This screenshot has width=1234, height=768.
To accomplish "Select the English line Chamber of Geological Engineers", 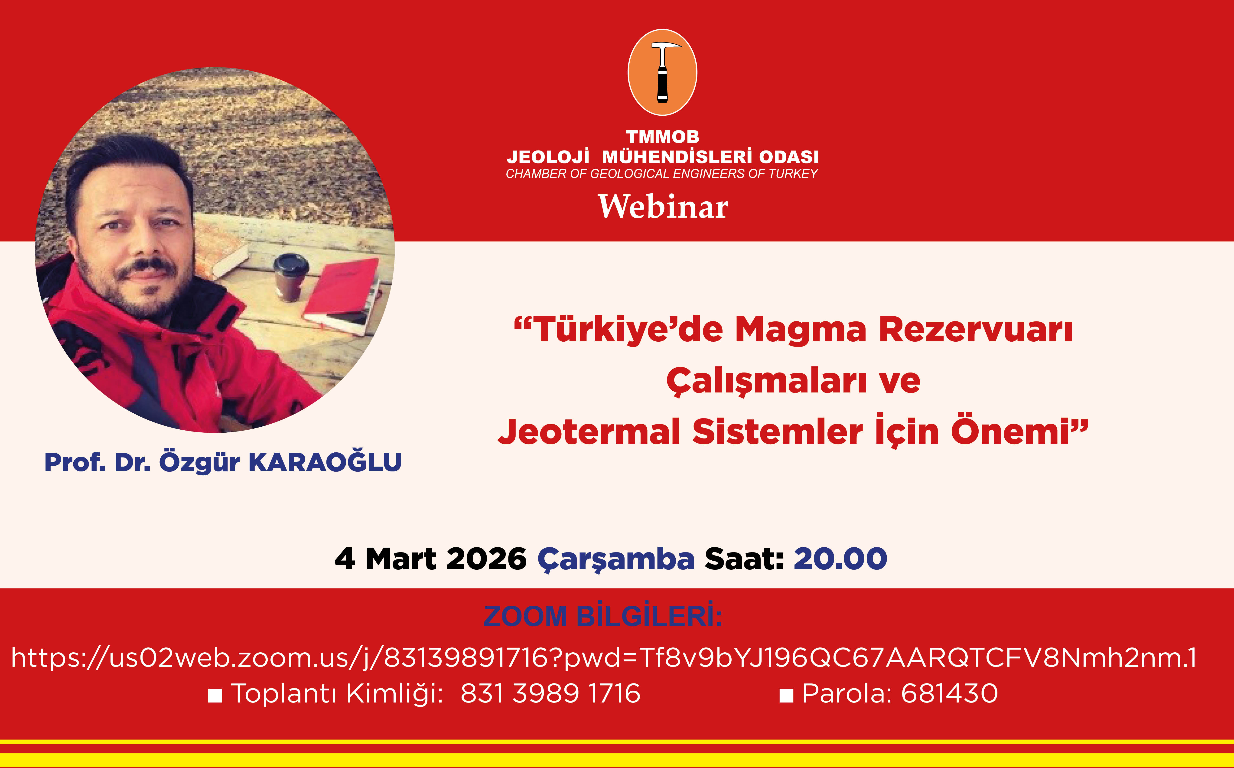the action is coord(662,174).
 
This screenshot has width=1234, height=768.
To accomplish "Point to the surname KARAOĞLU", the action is coord(325,462).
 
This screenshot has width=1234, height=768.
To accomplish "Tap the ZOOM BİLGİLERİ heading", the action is coord(603,616).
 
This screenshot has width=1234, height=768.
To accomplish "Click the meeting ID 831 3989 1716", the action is coord(550,693).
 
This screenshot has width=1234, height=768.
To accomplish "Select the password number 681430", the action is coord(950,693).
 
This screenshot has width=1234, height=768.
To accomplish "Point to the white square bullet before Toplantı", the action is coord(215,695).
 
